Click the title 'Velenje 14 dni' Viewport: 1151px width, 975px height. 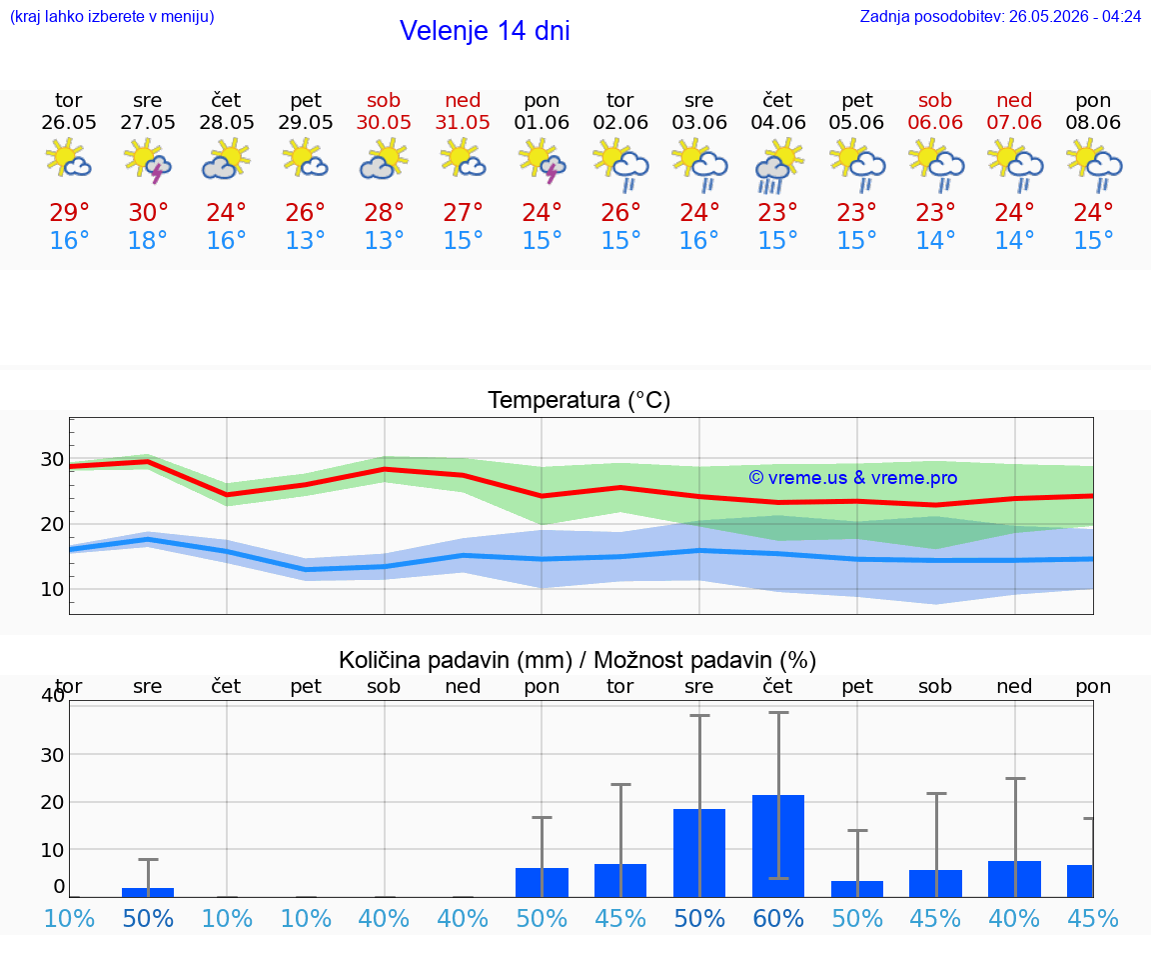(485, 31)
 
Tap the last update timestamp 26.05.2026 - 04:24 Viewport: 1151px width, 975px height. (1075, 16)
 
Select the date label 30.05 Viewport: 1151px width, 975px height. (384, 122)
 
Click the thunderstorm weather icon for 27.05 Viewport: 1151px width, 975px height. (148, 160)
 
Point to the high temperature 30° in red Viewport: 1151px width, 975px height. (148, 212)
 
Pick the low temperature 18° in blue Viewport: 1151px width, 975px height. (148, 240)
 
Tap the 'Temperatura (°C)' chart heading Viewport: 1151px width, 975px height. (579, 400)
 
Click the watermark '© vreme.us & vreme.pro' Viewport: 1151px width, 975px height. (853, 478)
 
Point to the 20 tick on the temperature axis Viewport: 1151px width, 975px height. (52, 524)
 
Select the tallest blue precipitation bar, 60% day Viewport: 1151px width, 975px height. (778, 846)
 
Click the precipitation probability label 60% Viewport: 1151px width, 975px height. (778, 918)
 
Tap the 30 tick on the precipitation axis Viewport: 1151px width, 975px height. (52, 755)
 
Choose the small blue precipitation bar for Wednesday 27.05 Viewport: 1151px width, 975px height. (148, 892)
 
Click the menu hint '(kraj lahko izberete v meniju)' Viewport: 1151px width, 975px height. (112, 16)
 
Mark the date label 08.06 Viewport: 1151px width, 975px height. (1093, 122)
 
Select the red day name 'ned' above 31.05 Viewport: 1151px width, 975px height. (463, 100)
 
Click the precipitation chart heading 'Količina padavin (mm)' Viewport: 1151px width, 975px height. (456, 660)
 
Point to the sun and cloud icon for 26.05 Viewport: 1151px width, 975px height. (68, 158)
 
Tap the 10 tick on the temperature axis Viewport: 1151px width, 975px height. (52, 589)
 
